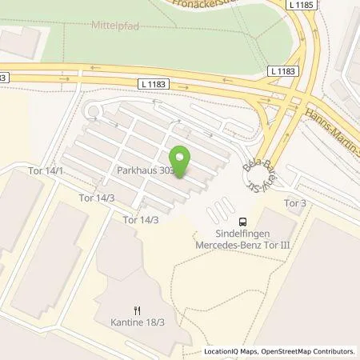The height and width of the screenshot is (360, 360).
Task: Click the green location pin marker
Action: tap(181, 162)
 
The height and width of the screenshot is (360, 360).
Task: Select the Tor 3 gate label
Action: tap(295, 202)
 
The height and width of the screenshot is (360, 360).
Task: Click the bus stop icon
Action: tap(242, 223)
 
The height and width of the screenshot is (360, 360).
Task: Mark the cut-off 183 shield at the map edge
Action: tap(3, 77)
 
